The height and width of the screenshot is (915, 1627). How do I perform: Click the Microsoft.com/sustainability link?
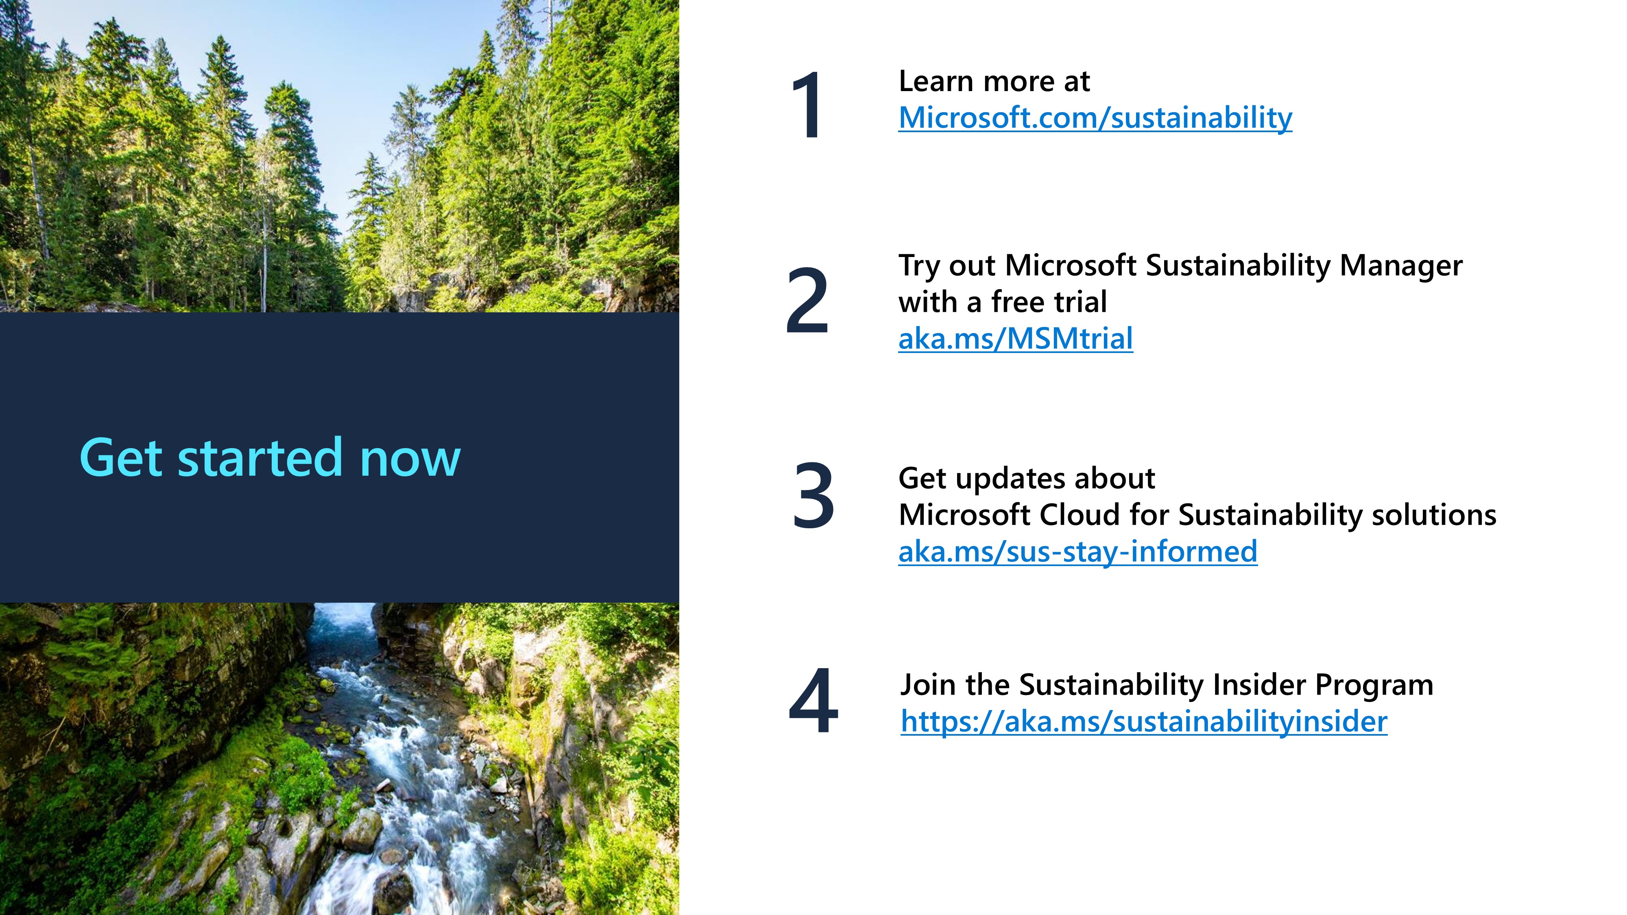1095,118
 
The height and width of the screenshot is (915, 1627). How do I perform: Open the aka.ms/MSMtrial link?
1016,338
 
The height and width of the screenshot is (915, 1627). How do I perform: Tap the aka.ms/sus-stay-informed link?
1077,552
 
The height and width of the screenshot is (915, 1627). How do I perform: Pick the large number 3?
813,496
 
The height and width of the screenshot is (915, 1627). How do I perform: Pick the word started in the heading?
260,458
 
